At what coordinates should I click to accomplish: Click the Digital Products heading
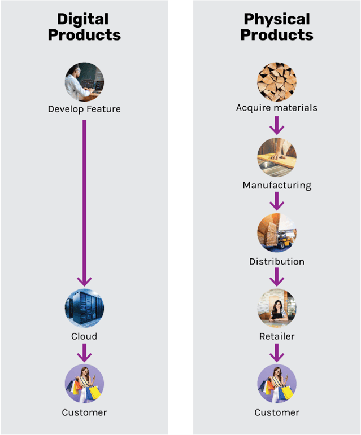[84, 27]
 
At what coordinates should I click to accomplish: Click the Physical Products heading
[277, 27]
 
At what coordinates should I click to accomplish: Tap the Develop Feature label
[84, 109]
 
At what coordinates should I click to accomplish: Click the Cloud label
[84, 336]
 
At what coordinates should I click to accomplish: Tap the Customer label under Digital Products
[84, 412]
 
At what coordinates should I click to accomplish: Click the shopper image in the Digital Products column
[84, 384]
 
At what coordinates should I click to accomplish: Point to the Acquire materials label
[277, 108]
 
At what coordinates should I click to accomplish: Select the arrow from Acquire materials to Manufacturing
[277, 125]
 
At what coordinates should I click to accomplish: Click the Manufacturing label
[277, 185]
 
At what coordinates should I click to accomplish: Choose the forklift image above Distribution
[277, 232]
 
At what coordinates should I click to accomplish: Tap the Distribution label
[277, 261]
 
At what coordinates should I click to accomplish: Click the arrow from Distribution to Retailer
[277, 276]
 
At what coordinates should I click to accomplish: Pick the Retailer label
[277, 336]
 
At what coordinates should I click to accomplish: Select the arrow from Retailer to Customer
[277, 352]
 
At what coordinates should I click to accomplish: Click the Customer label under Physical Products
[277, 412]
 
